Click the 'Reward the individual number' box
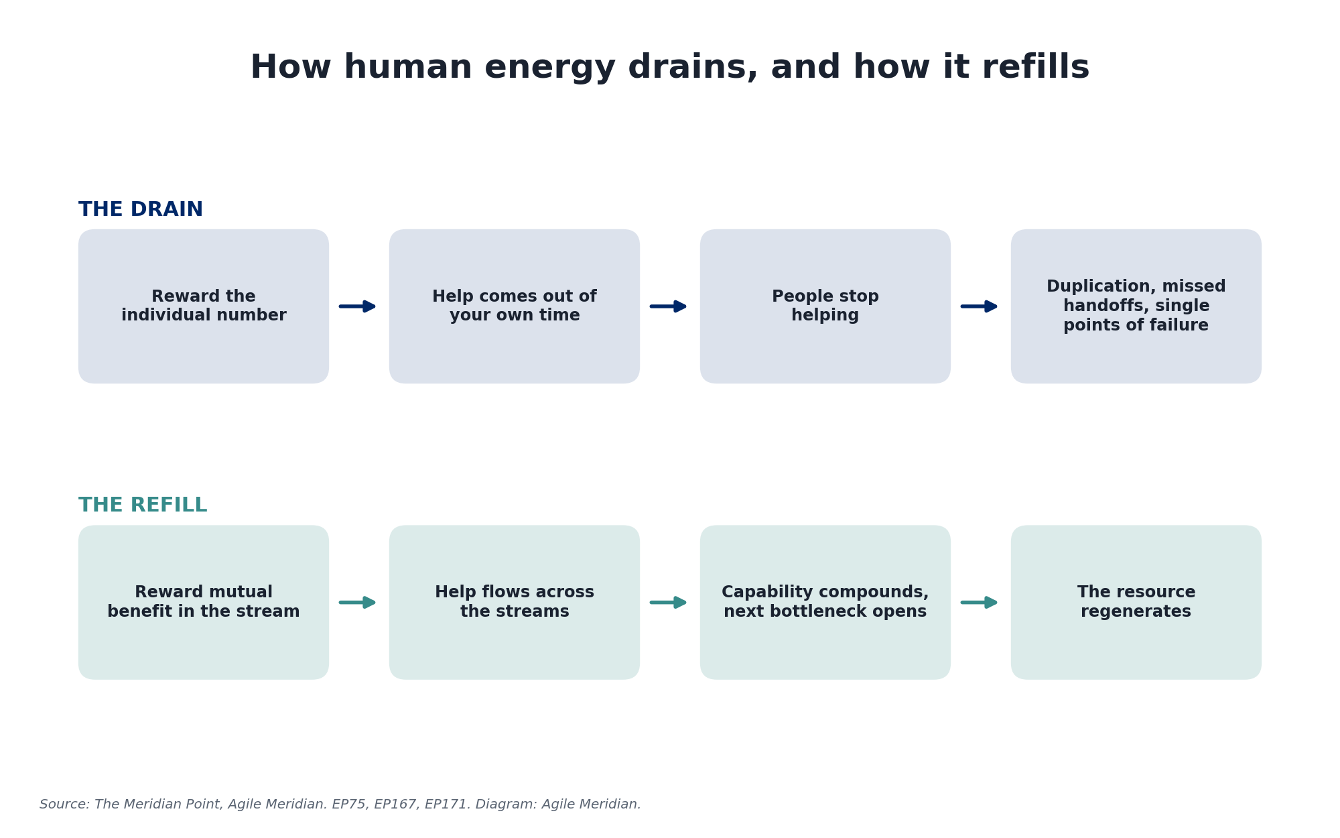[204, 306]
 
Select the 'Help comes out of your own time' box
[515, 306]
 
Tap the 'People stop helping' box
[825, 306]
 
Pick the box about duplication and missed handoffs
[1136, 306]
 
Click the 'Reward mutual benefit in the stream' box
[204, 602]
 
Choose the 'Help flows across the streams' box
[515, 602]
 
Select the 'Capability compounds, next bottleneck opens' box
[825, 602]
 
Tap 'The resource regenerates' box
[1136, 602]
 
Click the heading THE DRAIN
[141, 210]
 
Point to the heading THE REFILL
[143, 505]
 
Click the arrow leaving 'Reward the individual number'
[358, 306]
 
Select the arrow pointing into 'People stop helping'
[669, 306]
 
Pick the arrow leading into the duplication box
[980, 306]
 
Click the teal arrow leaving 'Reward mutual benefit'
[358, 602]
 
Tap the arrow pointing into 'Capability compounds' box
[669, 602]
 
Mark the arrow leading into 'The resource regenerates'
[980, 602]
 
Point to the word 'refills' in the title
[1031, 68]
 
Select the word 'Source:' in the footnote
[65, 804]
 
